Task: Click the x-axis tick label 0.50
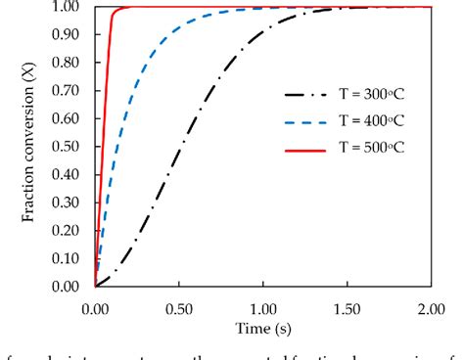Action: (179, 305)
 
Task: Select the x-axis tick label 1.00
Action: (263, 305)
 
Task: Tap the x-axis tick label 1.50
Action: (348, 305)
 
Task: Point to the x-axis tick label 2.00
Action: (431, 305)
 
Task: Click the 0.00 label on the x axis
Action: (96, 305)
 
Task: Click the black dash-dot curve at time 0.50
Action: (179, 149)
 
